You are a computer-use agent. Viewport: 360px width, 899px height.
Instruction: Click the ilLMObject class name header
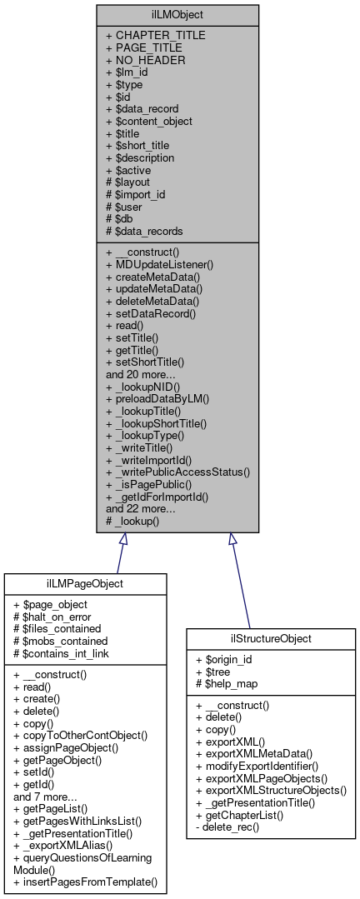pyautogui.click(x=177, y=14)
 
